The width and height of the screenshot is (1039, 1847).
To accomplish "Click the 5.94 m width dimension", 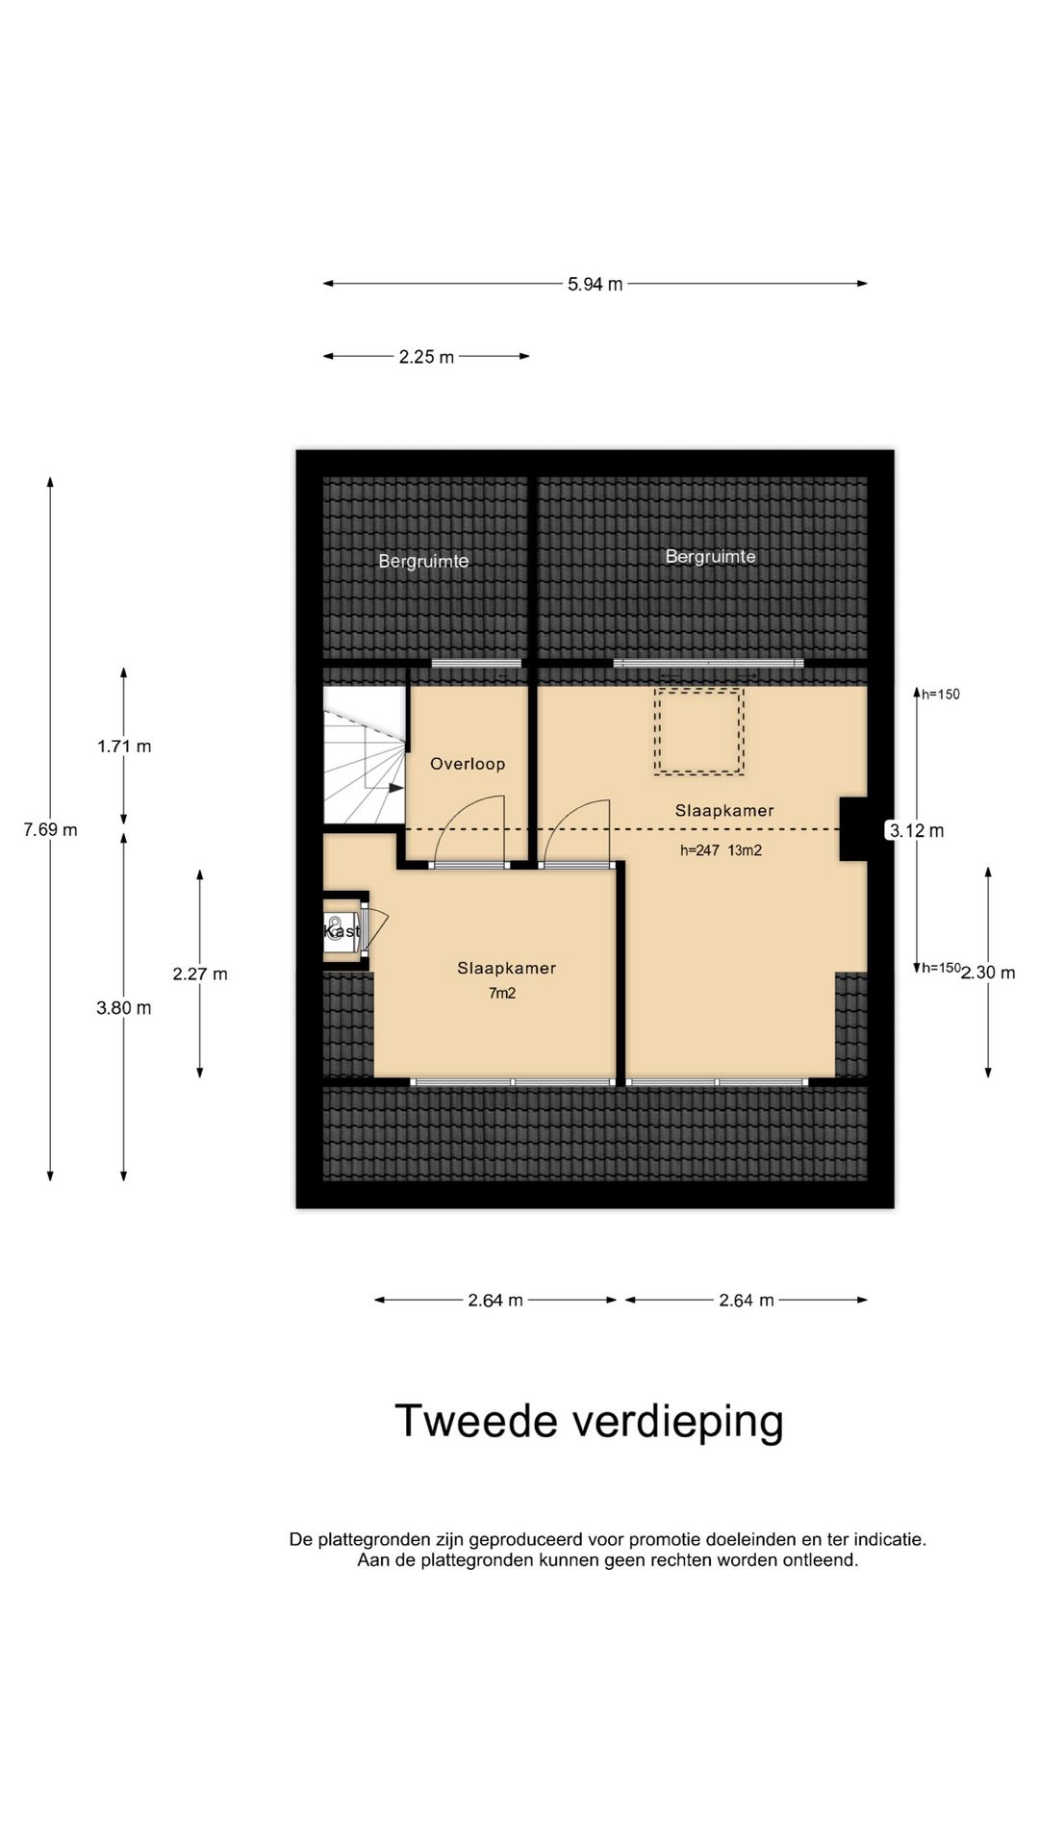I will (595, 284).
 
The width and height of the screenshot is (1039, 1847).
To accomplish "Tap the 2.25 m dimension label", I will (426, 357).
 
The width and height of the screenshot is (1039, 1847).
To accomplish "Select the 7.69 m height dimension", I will (50, 829).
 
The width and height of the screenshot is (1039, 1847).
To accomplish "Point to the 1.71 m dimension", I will (124, 746).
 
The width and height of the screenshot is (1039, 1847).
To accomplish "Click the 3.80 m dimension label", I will (124, 1008).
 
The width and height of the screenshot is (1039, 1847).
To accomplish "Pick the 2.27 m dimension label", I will (200, 974).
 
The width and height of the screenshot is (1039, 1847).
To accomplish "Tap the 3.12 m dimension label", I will (916, 831).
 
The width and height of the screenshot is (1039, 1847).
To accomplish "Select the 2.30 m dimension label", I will (988, 973).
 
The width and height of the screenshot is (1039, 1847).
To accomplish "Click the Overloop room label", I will (468, 764).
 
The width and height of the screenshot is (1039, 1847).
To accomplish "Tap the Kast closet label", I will (342, 931).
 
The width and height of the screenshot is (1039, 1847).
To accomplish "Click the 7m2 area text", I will (502, 993).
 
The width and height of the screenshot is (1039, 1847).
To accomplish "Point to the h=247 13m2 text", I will (721, 850).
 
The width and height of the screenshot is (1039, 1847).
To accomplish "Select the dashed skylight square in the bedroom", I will (699, 731).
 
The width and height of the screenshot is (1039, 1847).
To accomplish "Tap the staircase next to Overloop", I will (364, 755).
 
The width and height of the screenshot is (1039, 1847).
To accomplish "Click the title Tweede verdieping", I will (589, 1421).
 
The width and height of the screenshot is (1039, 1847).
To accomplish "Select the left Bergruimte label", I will (423, 561).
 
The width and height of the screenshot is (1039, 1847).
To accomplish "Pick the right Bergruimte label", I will (710, 556).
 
